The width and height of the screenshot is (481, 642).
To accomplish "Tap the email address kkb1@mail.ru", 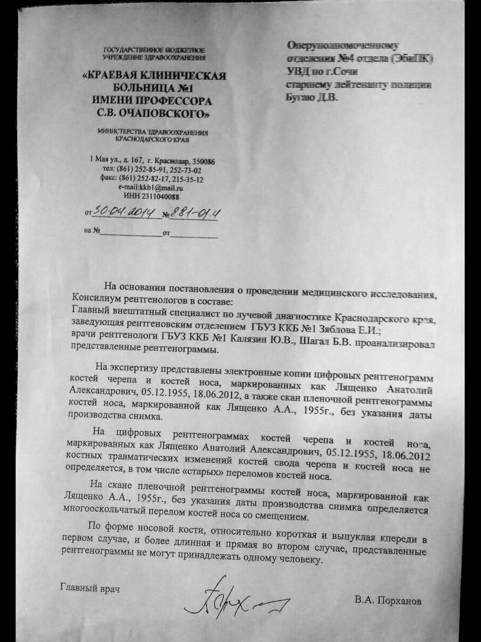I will pos(151,188).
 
